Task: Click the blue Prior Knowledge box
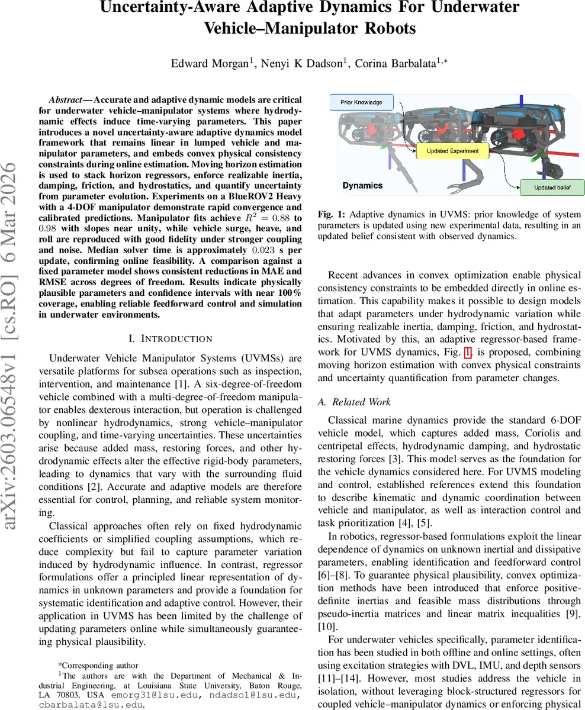(361, 102)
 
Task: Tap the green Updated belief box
(552, 188)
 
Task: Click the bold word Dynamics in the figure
(362, 185)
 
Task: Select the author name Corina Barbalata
(394, 64)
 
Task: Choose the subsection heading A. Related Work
(354, 402)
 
